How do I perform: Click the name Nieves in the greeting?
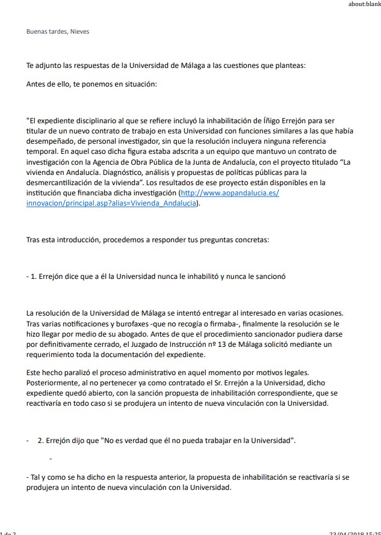79,31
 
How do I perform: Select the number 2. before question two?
40,440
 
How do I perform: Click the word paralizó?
80,373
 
